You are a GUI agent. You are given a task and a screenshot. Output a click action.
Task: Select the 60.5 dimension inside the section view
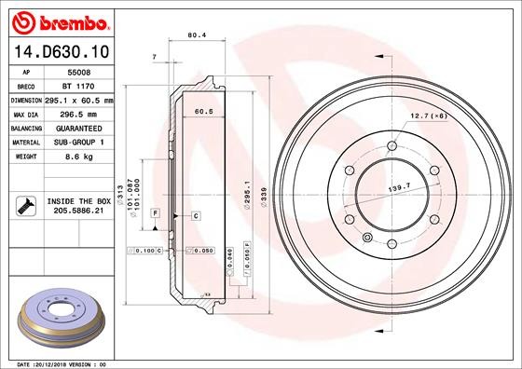click(202, 111)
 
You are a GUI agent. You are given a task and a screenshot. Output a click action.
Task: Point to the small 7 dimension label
click(153, 58)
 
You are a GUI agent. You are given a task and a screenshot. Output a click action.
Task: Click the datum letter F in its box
click(155, 214)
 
